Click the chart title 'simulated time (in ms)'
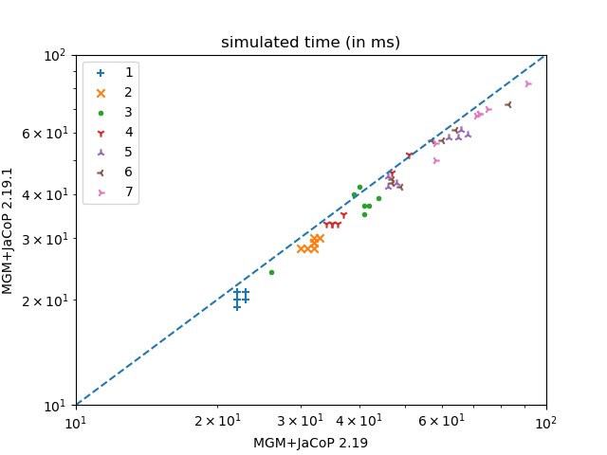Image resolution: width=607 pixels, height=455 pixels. [x=310, y=43]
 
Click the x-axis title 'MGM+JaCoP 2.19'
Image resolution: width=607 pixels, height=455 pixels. [x=310, y=443]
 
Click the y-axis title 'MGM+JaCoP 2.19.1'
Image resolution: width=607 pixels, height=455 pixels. [x=8, y=230]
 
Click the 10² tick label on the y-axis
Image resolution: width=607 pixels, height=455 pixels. [x=54, y=56]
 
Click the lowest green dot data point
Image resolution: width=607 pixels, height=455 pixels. [x=271, y=272]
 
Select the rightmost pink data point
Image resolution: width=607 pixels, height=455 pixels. [x=528, y=84]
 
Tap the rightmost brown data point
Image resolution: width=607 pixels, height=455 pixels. [x=508, y=104]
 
